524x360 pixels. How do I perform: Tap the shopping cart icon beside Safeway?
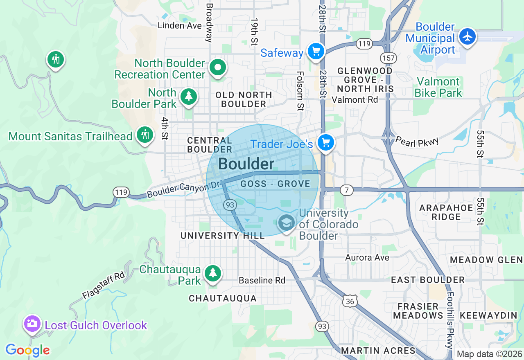[x=316, y=52]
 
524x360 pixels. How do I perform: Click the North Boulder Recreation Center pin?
[x=218, y=67]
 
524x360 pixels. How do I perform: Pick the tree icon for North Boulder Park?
[x=188, y=97]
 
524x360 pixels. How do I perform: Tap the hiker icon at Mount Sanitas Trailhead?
[x=145, y=135]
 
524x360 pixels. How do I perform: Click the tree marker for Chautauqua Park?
[x=212, y=272]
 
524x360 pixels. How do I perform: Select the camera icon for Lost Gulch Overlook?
[x=32, y=324]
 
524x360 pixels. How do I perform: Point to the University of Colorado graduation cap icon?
[x=286, y=223]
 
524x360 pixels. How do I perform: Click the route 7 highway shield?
[x=346, y=190]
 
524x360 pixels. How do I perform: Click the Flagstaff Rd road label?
[x=103, y=285]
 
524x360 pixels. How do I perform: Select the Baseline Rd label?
[x=262, y=280]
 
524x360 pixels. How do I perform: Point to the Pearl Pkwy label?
[x=417, y=142]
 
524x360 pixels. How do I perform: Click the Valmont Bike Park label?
[x=438, y=88]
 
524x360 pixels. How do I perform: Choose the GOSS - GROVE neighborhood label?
[x=275, y=184]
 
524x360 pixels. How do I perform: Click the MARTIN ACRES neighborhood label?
[x=378, y=351]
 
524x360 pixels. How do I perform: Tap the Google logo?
[x=27, y=351]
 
